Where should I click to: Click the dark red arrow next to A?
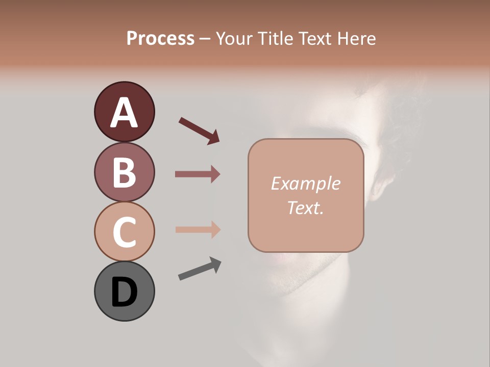coord(199,130)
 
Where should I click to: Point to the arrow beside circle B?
coord(198,174)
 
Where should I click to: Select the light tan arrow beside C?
coord(198,229)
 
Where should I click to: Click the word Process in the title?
coord(160,39)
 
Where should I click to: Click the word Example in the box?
coord(305,183)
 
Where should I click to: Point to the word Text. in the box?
coord(305,207)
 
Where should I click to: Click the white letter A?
coord(125,112)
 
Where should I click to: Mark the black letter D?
coord(125,292)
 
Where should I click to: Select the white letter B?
coord(125,172)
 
